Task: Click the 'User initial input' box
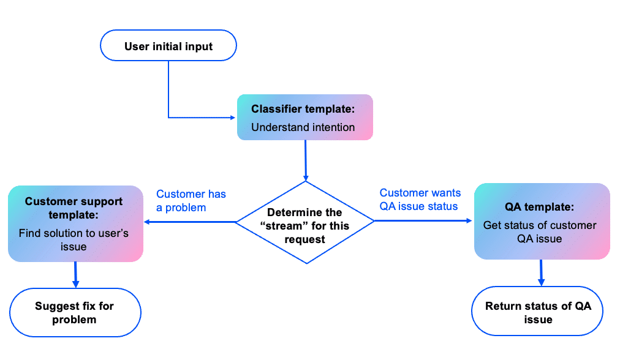tap(168, 46)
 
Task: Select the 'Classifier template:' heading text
tap(302, 110)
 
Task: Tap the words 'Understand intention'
tap(303, 127)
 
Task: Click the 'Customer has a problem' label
tap(191, 201)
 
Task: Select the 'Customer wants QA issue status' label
tap(420, 200)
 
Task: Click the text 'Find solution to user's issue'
tap(74, 239)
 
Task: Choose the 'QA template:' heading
tap(540, 208)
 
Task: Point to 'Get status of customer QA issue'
tap(540, 232)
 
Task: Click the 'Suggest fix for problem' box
tap(74, 312)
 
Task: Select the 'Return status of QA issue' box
tap(538, 312)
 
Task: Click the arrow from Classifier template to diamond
tap(304, 160)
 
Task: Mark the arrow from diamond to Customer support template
tap(190, 222)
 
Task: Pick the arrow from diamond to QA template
tap(423, 221)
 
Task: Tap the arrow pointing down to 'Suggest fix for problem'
tap(75, 275)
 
